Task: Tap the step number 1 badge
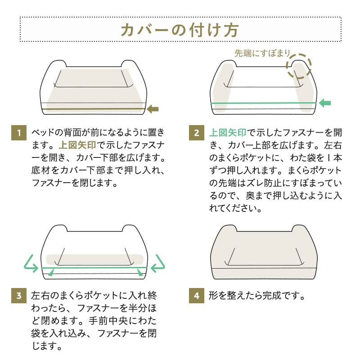coord(18,134)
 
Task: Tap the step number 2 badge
coord(196,134)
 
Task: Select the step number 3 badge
coord(18,296)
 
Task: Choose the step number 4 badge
coord(196,296)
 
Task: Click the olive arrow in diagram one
coord(153,108)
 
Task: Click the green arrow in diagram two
coord(324,103)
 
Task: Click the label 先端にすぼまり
coord(262,53)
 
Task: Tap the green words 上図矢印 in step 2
coord(227,133)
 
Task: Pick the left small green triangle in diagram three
coord(53,271)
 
